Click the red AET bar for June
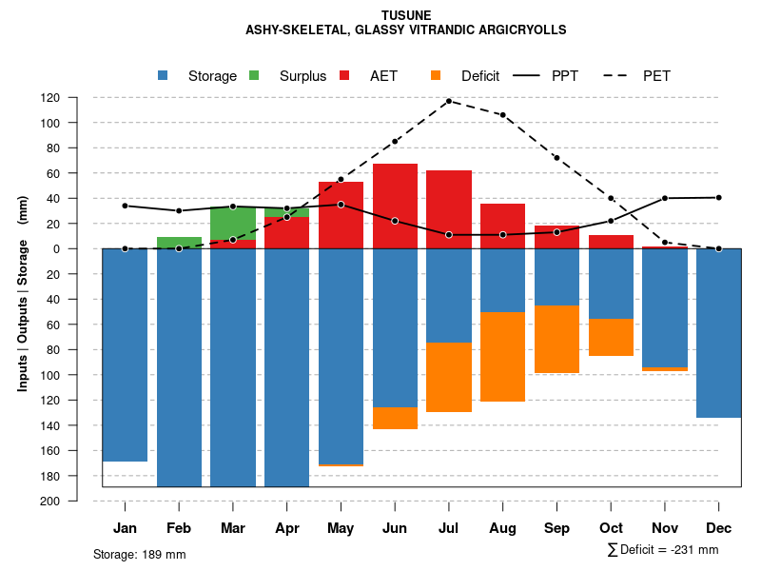click(395, 206)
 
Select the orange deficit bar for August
click(502, 357)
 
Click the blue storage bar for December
click(718, 333)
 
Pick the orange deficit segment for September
click(556, 340)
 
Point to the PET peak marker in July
click(449, 101)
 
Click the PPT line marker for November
click(664, 198)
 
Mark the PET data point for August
click(502, 115)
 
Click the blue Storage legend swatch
click(163, 75)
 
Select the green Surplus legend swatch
click(254, 75)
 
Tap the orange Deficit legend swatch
click(436, 75)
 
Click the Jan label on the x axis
click(125, 528)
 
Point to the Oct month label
click(611, 528)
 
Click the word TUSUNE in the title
click(405, 15)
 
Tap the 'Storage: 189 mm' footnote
click(140, 554)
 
